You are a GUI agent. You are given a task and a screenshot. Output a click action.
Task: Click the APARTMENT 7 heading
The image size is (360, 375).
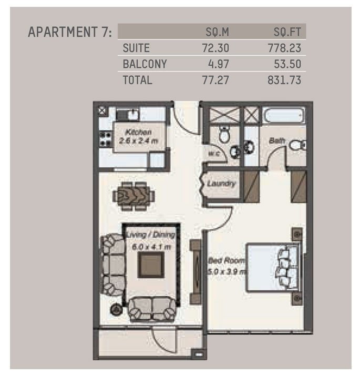[70, 32]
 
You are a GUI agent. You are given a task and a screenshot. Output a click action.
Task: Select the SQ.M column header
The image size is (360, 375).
[217, 32]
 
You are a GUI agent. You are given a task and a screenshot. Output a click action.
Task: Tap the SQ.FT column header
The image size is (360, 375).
[287, 32]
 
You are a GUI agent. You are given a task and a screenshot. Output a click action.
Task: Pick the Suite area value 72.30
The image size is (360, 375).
[215, 48]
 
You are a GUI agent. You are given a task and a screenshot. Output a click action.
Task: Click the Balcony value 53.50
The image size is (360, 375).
[287, 64]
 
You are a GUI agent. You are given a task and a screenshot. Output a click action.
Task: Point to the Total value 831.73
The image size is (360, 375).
[284, 80]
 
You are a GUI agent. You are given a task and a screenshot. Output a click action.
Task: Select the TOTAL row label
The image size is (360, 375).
[138, 80]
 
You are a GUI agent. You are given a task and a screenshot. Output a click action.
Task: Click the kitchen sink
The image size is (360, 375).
[127, 114]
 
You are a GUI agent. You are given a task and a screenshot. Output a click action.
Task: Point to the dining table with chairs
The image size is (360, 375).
[133, 196]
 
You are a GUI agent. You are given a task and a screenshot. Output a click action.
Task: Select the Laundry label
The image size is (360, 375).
[221, 184]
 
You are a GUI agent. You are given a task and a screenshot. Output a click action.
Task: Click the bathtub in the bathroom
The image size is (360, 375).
[284, 115]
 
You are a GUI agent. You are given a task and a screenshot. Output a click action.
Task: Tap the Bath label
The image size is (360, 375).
[277, 140]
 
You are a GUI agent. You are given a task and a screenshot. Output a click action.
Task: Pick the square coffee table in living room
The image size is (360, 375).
[151, 265]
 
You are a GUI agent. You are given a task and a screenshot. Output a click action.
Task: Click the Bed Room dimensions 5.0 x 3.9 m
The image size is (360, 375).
[227, 272]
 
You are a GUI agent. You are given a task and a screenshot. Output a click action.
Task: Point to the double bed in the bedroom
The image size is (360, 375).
[273, 267]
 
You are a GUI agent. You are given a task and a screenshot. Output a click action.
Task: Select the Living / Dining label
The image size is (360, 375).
[151, 235]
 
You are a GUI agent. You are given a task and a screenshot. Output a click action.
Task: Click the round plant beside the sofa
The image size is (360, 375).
[117, 309]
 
